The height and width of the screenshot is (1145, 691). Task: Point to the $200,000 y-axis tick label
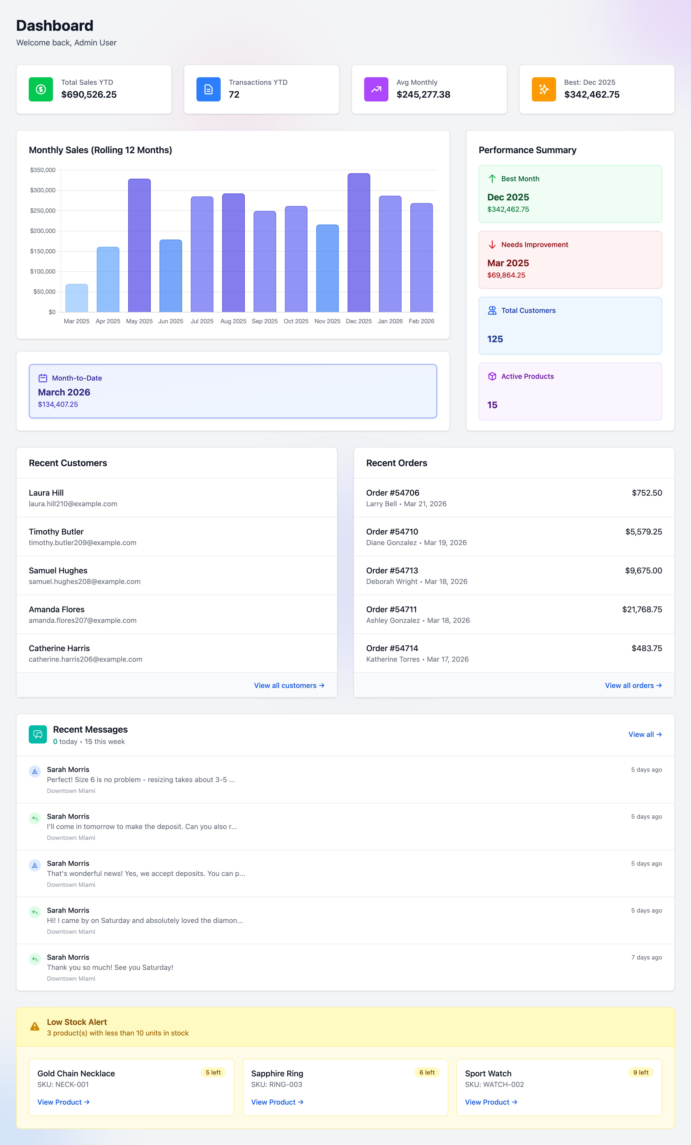click(43, 231)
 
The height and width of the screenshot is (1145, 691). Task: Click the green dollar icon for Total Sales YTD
click(41, 89)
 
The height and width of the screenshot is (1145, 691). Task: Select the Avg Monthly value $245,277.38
click(423, 95)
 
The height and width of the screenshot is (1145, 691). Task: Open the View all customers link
click(289, 685)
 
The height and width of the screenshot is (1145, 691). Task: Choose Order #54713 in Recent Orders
click(392, 571)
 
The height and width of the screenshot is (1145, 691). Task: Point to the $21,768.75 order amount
click(642, 609)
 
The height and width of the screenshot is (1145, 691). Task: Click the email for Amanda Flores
click(83, 620)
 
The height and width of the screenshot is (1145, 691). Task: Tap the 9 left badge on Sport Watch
click(640, 1073)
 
